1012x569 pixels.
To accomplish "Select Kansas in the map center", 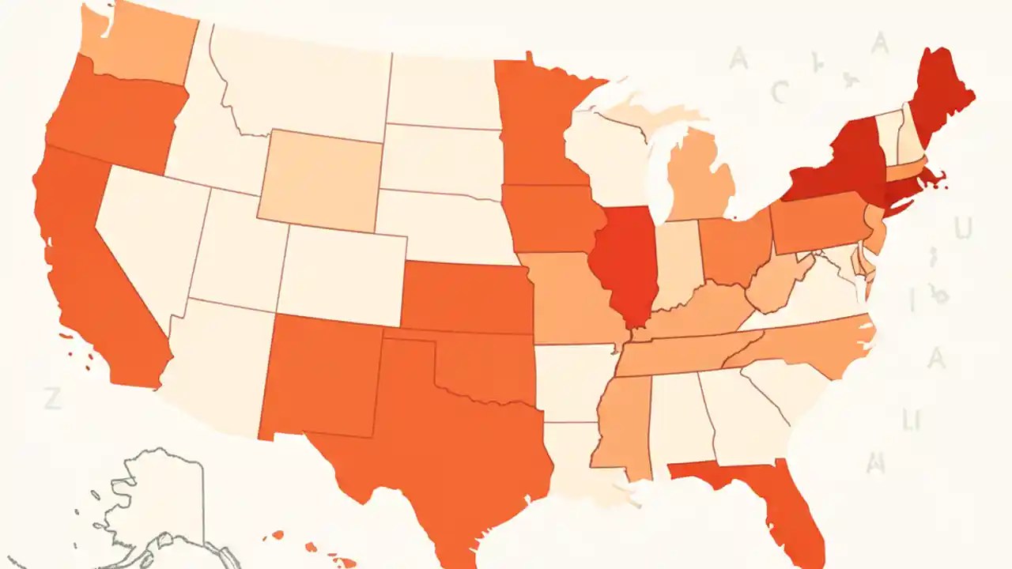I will tap(466, 296).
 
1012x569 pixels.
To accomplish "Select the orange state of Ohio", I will tap(735, 249).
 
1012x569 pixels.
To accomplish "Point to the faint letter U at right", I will tap(962, 228).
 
